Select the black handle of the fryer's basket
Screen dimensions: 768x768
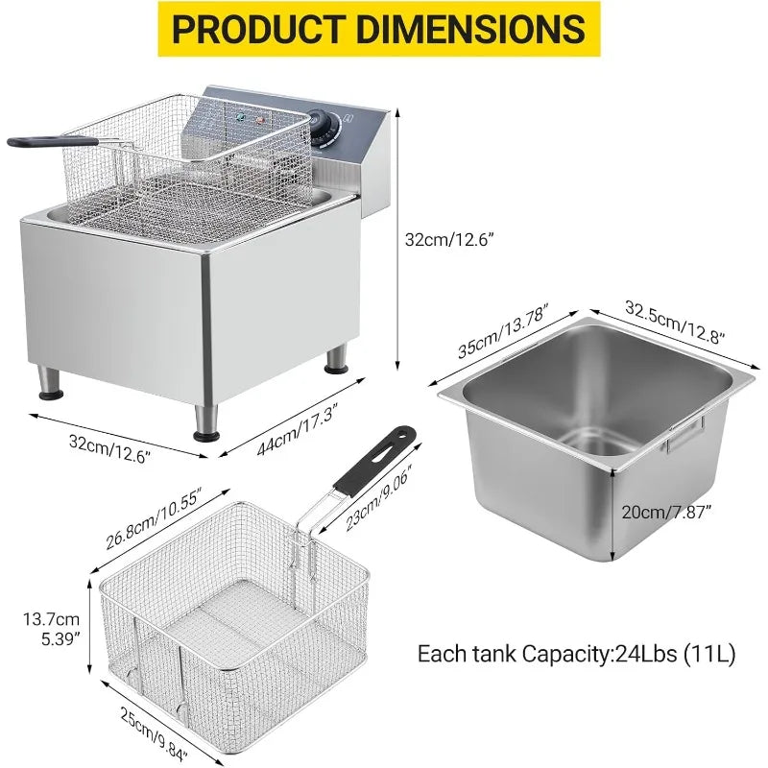tap(38, 142)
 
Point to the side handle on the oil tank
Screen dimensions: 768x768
tap(687, 435)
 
